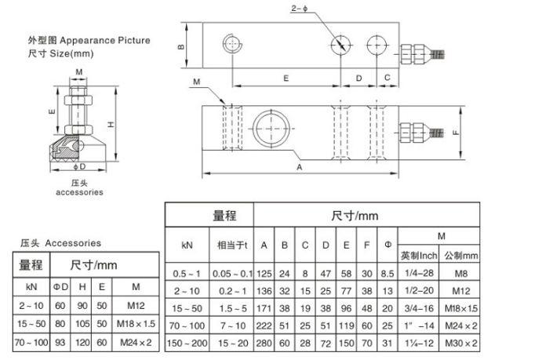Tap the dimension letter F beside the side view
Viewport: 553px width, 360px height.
click(x=455, y=132)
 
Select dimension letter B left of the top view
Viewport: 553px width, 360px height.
click(x=180, y=46)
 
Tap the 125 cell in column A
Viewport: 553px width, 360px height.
click(x=265, y=274)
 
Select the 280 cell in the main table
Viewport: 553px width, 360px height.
click(x=265, y=343)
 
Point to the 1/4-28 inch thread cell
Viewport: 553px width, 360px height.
click(x=417, y=274)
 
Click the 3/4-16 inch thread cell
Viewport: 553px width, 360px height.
click(x=417, y=308)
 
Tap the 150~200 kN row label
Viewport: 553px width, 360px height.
click(x=187, y=343)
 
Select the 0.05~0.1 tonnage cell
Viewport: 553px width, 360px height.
click(x=233, y=274)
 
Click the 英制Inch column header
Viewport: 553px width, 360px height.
click(x=417, y=255)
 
